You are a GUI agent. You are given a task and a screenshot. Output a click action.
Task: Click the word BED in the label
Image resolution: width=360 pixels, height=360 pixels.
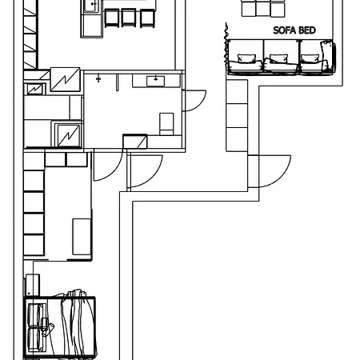[306, 31]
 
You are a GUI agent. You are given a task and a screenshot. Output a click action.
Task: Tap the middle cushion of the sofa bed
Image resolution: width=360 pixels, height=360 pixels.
[278, 58]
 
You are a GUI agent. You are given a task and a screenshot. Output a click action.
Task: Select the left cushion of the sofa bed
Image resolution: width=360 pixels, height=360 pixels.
[246, 58]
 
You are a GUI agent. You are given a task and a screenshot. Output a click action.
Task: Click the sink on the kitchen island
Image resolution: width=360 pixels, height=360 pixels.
[91, 6]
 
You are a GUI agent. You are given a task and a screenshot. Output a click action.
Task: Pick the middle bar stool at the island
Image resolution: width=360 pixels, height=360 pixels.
[130, 17]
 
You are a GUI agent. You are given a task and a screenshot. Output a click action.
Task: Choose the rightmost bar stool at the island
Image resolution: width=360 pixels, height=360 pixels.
[146, 17]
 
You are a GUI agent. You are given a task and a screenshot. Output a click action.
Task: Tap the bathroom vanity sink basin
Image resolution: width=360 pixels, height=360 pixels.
[155, 80]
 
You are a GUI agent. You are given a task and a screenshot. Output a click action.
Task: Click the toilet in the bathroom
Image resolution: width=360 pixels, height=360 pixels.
[166, 123]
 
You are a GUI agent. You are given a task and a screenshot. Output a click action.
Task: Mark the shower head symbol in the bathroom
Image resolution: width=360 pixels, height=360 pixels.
[98, 78]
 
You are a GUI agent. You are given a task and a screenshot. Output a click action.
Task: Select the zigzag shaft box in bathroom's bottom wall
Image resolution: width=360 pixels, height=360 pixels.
[134, 142]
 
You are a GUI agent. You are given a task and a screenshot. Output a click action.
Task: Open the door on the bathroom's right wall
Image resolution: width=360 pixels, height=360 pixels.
[192, 100]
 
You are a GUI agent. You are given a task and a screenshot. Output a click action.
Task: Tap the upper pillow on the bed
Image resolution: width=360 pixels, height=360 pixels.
[36, 312]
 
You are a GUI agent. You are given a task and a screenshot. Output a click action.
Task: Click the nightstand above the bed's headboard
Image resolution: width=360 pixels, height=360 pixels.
[32, 284]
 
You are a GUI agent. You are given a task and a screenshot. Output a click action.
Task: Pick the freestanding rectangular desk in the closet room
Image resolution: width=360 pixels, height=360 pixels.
[82, 236]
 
